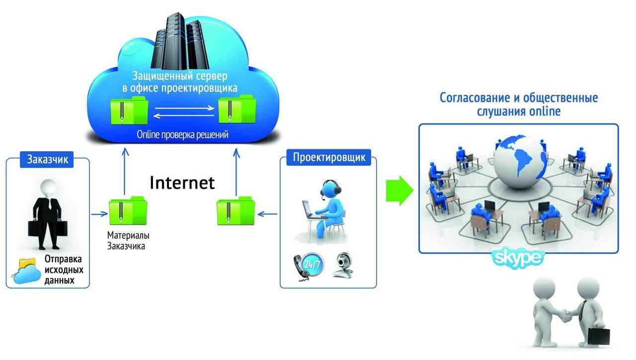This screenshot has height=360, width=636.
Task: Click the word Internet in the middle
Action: pyautogui.click(x=182, y=182)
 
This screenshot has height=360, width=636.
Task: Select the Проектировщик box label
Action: pyautogui.click(x=328, y=158)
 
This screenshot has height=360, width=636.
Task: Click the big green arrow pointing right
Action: pyautogui.click(x=399, y=190)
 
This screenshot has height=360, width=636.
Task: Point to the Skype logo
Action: pyautogui.click(x=518, y=257)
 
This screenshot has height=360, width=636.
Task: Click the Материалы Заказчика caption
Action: pyautogui.click(x=128, y=240)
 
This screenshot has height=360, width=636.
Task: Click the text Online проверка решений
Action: pyautogui.click(x=183, y=135)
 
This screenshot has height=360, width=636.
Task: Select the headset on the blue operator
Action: pyautogui.click(x=330, y=188)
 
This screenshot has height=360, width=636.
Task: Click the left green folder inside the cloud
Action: pyautogui.click(x=128, y=111)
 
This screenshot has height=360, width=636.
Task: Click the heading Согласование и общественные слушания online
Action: pyautogui.click(x=519, y=104)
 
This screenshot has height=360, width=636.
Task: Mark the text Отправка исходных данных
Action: pyautogui.click(x=64, y=270)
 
